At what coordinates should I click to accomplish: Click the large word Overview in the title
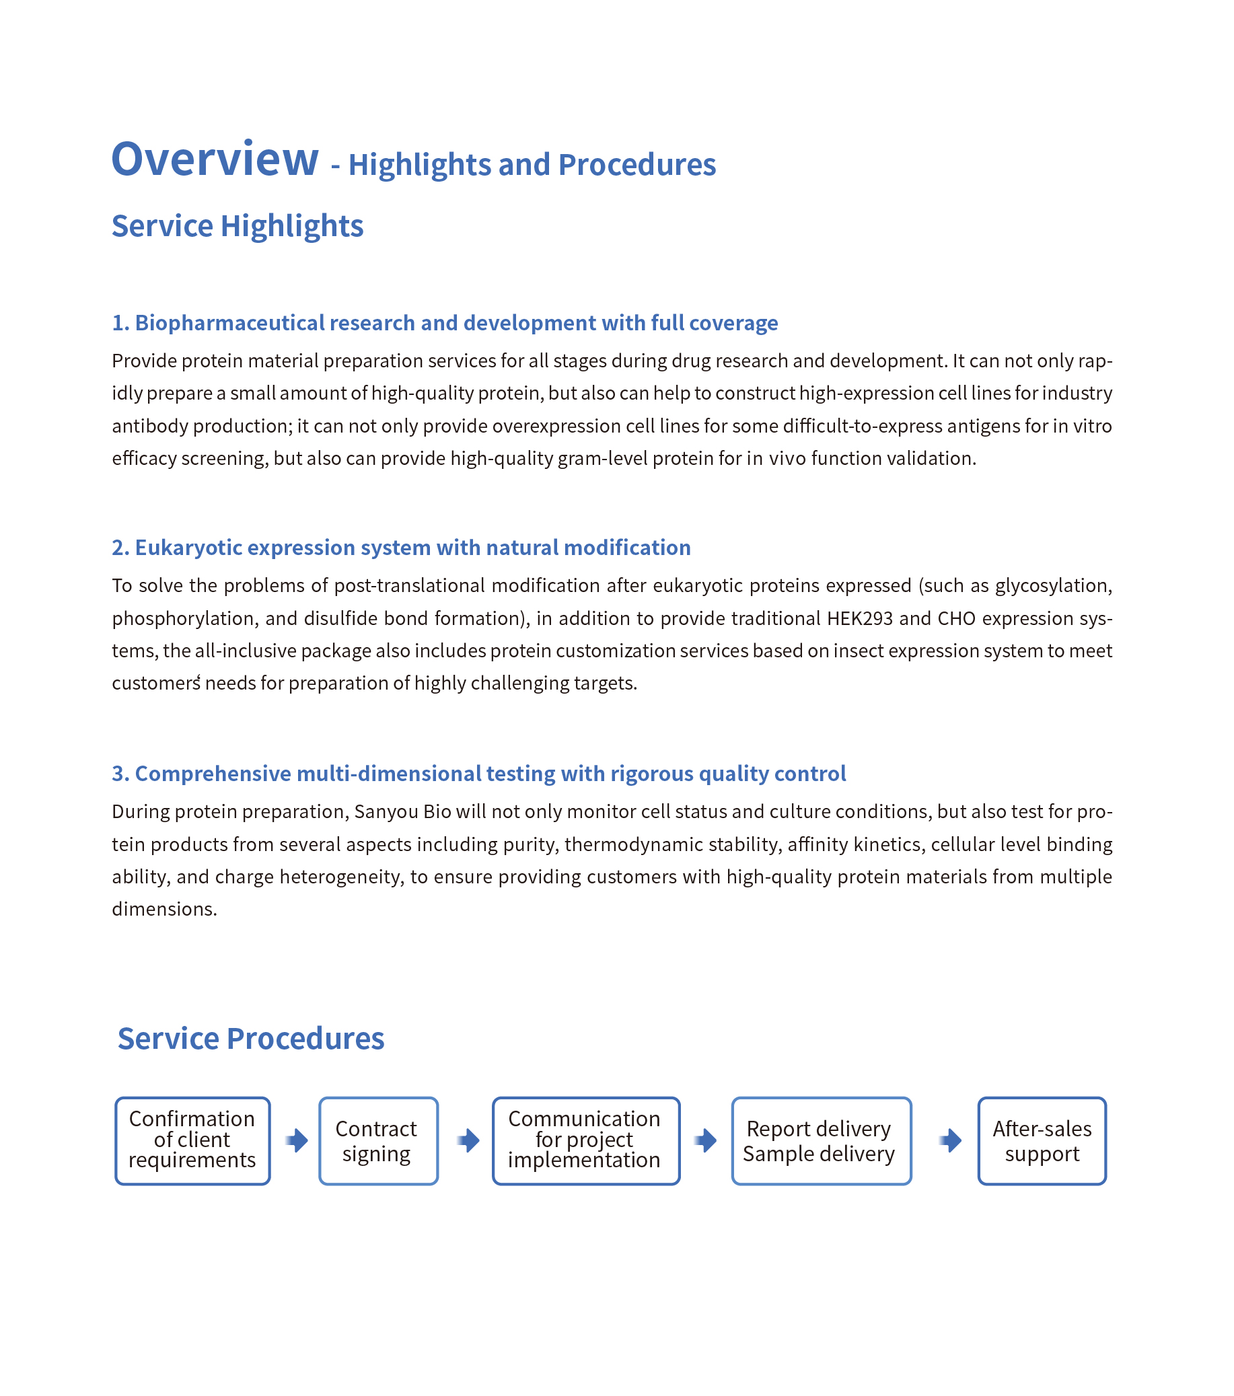coord(215,159)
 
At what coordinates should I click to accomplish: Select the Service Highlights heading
coord(237,226)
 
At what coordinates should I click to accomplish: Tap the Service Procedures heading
coord(250,1039)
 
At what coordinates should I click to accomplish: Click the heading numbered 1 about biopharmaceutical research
coord(445,323)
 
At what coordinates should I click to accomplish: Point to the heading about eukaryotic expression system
coord(401,548)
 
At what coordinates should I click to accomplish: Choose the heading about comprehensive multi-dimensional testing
coord(478,774)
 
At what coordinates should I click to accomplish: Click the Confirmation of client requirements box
coord(192,1140)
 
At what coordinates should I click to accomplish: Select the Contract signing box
coord(377,1140)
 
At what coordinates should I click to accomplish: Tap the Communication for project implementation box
coord(585,1140)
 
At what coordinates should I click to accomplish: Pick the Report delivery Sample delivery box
coord(821,1140)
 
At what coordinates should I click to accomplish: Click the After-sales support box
coord(1042,1140)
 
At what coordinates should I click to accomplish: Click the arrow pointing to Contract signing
coord(296,1140)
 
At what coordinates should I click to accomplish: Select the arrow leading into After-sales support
coord(950,1140)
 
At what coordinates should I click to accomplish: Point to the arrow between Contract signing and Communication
coord(468,1140)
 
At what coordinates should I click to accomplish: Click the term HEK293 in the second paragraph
coord(859,619)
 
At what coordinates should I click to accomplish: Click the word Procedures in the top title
coord(637,166)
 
